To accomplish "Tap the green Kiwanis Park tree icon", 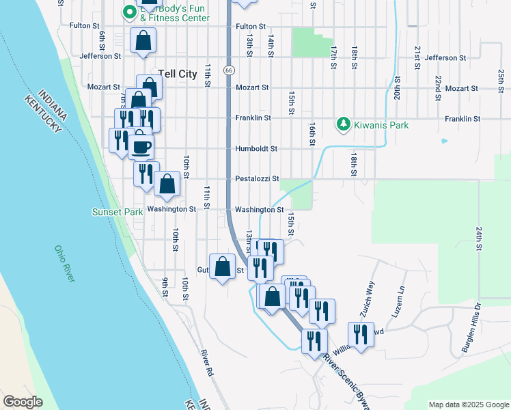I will pyautogui.click(x=344, y=124).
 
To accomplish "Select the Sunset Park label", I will pyautogui.click(x=118, y=212).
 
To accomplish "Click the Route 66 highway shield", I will pyautogui.click(x=229, y=70).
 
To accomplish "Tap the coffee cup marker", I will pyautogui.click(x=142, y=146).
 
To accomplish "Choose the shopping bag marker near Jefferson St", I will pyautogui.click(x=143, y=41).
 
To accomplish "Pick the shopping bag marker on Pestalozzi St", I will pyautogui.click(x=167, y=183).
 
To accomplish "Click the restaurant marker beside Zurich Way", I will pyautogui.click(x=359, y=334).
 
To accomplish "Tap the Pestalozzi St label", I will pyautogui.click(x=257, y=179).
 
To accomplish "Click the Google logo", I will pyautogui.click(x=23, y=402).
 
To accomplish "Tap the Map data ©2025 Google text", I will pyautogui.click(x=468, y=405).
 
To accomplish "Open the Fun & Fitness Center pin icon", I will pyautogui.click(x=128, y=12).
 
